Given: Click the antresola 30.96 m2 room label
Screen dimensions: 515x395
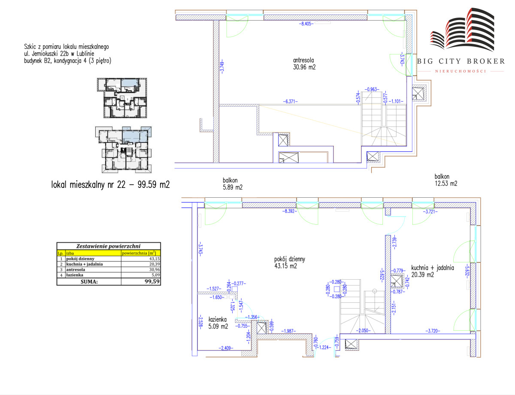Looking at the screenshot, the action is point(304,64).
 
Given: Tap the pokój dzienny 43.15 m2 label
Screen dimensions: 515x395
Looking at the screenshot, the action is point(289,262).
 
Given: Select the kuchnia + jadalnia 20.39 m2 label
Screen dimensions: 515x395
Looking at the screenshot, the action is point(433,271).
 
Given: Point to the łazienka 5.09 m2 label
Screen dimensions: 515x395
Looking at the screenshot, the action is point(218,323).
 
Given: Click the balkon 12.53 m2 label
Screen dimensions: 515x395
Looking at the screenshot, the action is point(446,180).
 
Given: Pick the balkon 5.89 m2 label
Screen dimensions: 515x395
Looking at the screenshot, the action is point(233,184).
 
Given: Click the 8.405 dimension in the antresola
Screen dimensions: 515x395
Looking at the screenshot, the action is point(306,24).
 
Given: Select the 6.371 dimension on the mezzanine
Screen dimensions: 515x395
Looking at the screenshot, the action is point(290,101).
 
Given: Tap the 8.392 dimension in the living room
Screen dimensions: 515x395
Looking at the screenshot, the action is point(290,211).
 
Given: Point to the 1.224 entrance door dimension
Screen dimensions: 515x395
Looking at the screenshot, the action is point(324,347).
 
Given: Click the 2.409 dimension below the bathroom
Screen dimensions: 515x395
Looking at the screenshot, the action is point(226,348).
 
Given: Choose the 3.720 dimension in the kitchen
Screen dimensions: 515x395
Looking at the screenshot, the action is point(433,331).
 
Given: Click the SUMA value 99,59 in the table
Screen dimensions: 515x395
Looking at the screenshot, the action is point(152,281).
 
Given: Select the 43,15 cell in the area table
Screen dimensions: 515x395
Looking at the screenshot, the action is point(154,259).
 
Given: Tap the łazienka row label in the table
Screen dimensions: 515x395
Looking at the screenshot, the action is point(75,275).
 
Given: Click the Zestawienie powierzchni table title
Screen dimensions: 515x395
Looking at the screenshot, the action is point(108,246).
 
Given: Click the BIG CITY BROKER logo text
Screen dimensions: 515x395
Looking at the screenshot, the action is point(461,61).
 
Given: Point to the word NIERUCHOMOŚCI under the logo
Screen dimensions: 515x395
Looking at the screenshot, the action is point(461,71).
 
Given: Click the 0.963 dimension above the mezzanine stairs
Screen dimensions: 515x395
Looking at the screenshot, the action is point(372,89).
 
